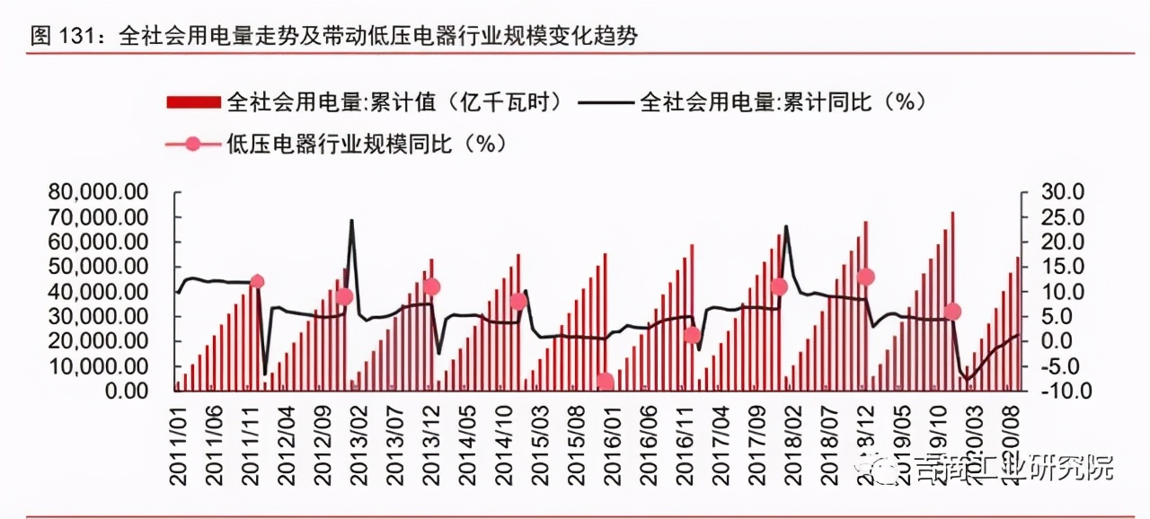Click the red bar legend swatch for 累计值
coord(192,101)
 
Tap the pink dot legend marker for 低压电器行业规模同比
coord(192,144)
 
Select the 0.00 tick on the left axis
coord(125,391)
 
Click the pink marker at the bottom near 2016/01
coord(606,382)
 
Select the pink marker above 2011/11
coord(257,282)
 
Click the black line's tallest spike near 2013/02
coord(351,220)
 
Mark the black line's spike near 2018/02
coord(786,226)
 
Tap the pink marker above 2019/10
coord(952,312)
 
